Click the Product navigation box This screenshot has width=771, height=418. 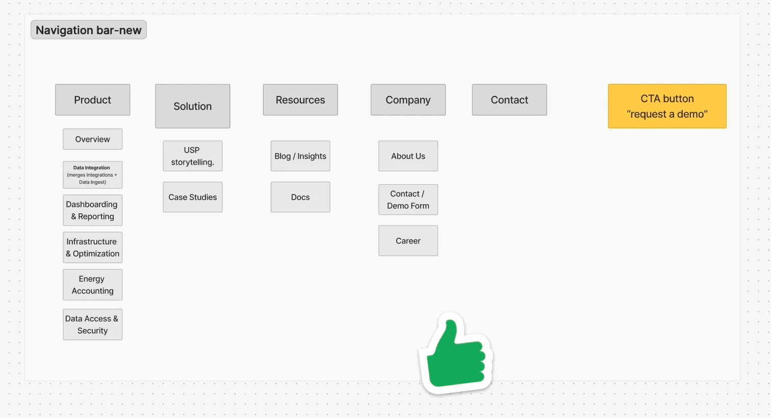[92, 100]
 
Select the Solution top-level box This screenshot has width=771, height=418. [192, 106]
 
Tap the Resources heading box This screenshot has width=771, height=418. [300, 100]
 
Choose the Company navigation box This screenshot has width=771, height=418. [408, 100]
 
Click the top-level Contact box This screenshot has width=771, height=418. [509, 100]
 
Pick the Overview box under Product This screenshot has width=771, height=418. [92, 139]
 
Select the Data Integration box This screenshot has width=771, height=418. [92, 175]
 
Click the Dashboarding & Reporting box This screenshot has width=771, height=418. [92, 210]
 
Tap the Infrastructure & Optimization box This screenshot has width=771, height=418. [92, 248]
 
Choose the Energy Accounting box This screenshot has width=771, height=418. [92, 285]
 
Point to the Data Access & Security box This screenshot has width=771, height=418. [92, 325]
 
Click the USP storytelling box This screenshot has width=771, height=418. [192, 156]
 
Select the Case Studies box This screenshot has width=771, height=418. [192, 197]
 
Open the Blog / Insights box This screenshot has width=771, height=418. [300, 156]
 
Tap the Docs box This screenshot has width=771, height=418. [300, 197]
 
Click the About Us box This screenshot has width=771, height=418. [408, 156]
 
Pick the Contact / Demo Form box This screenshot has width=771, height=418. [408, 200]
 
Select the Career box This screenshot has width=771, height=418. [408, 241]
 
